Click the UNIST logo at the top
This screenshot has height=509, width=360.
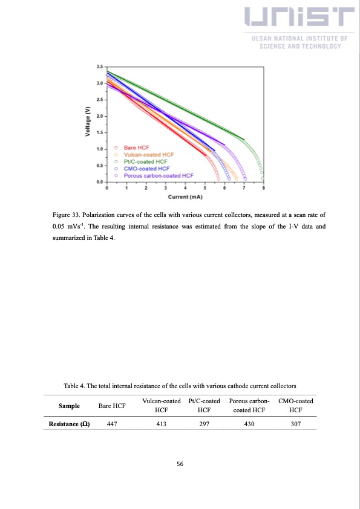(x=300, y=19)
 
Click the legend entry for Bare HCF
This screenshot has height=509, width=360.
(x=136, y=148)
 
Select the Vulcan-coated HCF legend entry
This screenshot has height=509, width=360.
(x=145, y=155)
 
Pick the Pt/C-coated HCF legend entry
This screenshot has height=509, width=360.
(x=145, y=162)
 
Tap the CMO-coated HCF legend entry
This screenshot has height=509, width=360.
(x=146, y=169)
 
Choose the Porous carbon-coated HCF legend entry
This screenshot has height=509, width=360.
(x=158, y=176)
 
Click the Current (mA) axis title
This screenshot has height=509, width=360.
(x=185, y=197)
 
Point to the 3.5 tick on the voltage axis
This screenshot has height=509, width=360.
(x=99, y=66)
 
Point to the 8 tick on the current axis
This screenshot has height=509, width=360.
(x=263, y=189)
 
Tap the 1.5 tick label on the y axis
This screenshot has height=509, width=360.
(x=99, y=132)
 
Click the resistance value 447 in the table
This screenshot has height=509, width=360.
(x=112, y=424)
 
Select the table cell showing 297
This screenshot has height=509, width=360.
(x=204, y=424)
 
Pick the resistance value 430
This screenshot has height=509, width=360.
(x=249, y=424)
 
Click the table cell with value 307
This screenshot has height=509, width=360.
(x=295, y=424)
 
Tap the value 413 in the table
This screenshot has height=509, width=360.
(x=161, y=424)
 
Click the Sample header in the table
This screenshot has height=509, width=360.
(x=69, y=406)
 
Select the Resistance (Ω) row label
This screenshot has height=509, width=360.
(x=69, y=424)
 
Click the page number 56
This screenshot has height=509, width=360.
(x=180, y=464)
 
